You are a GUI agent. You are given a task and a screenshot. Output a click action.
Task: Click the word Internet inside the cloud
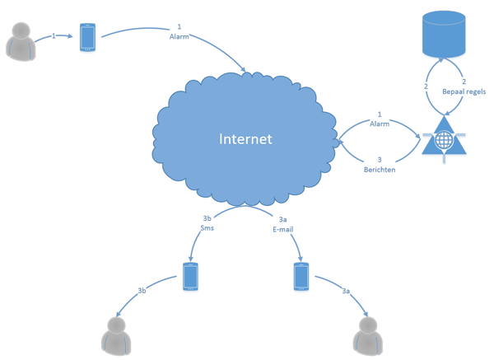point(245,138)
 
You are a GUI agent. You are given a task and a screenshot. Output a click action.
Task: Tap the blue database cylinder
point(444,34)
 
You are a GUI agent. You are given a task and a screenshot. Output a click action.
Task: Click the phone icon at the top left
point(87,37)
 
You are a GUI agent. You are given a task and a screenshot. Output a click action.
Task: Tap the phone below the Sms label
point(190,277)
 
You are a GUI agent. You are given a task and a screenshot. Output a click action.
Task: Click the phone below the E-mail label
point(301,277)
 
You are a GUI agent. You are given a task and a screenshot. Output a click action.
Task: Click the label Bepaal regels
point(464,92)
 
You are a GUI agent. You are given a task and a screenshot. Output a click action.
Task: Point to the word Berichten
point(380,169)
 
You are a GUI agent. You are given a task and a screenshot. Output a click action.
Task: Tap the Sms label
point(207,228)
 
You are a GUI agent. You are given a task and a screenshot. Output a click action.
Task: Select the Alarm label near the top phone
point(179,36)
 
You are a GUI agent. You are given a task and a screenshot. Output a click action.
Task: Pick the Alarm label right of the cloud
point(380,124)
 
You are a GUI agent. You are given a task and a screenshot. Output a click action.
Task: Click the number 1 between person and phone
point(54,36)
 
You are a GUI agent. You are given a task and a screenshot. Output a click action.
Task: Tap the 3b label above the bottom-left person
point(142,291)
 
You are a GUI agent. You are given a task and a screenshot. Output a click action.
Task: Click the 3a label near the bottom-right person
point(345,291)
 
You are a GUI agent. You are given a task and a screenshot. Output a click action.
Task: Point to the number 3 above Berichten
point(380,160)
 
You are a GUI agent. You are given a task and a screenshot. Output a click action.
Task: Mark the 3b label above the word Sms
point(207,219)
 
